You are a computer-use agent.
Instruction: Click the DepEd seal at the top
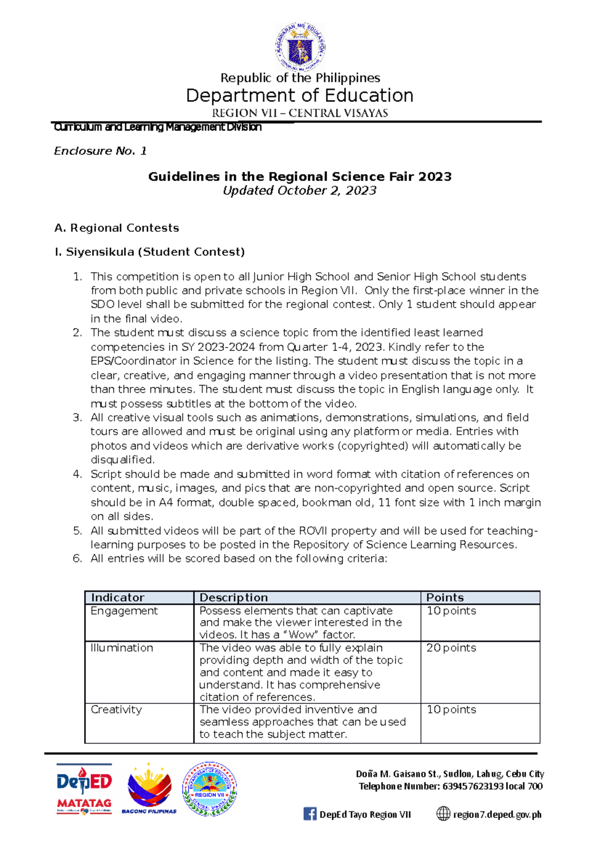coord(300,47)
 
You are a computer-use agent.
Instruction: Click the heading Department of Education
coord(300,95)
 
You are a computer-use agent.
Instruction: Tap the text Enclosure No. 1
coord(100,151)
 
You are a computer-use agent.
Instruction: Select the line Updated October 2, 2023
coord(299,190)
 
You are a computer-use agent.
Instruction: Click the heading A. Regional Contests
coord(116,228)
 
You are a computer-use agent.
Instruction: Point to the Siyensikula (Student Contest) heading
coord(149,252)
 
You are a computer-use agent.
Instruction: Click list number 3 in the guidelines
coord(77,417)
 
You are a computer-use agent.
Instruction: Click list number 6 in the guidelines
coord(77,558)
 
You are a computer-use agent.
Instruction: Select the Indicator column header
coord(118,597)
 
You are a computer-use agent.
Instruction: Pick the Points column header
coord(445,597)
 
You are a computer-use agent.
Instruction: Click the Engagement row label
coord(124,611)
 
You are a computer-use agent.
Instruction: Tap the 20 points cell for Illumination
coord(451,648)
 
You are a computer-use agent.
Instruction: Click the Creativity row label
coord(116,709)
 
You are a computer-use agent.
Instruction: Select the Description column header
coord(233,597)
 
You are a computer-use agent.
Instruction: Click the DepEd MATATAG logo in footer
coord(84,789)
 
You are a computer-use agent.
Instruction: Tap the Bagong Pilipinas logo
coord(149,788)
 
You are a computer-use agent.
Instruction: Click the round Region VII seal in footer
coord(209,789)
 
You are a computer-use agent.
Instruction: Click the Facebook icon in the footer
coord(309,814)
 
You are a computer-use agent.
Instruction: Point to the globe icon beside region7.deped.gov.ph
coord(443,814)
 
